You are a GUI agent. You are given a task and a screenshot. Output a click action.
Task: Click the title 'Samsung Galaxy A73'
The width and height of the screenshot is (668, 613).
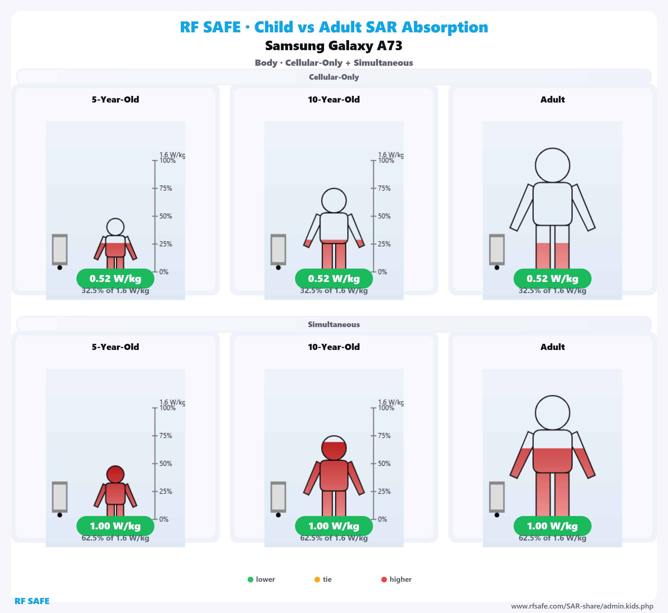(334, 46)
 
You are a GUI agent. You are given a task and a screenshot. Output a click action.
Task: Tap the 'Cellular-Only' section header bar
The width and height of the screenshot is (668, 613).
(334, 77)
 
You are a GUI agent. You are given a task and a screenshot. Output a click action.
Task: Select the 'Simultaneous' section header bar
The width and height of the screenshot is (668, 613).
(334, 324)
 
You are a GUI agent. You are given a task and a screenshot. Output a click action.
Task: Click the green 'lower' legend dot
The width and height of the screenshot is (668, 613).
(250, 580)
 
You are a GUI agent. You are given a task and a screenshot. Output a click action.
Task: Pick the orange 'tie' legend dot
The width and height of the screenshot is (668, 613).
(317, 580)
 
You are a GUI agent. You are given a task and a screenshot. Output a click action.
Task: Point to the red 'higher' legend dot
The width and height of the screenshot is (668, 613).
(384, 580)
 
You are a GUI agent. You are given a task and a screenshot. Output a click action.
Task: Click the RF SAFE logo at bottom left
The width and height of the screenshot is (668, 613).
(32, 601)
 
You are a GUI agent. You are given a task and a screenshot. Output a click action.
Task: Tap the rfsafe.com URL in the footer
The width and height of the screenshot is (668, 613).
(582, 606)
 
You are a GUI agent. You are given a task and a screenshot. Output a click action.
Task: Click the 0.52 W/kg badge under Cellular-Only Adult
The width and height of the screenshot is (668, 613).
(552, 279)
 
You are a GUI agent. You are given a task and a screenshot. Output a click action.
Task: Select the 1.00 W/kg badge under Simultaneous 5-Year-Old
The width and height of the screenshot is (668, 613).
(115, 526)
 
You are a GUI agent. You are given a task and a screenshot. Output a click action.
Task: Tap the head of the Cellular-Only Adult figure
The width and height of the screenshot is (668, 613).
(552, 165)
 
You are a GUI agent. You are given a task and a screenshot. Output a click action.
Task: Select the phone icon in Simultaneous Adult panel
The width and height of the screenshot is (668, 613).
(497, 497)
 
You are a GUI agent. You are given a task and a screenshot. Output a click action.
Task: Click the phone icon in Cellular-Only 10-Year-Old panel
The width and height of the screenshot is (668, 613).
(278, 250)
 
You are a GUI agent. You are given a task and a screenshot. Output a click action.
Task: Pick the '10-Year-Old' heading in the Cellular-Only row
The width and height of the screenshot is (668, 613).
(334, 99)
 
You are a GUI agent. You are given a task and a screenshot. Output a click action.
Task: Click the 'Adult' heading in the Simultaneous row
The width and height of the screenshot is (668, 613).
(552, 347)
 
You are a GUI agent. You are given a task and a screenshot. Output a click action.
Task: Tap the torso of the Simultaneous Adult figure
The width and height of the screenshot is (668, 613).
(552, 451)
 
